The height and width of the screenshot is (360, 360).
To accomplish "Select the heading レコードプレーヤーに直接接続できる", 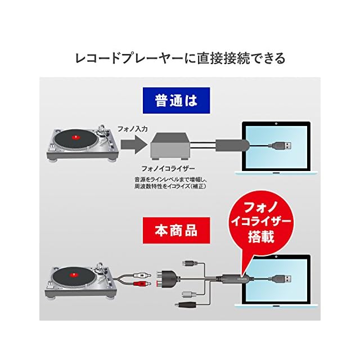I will (x=180, y=58).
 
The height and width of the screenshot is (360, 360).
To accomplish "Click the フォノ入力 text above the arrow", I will (x=132, y=129).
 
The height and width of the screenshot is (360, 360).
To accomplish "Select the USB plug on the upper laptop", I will (x=284, y=147).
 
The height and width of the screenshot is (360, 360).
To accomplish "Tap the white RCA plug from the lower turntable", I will (x=141, y=274).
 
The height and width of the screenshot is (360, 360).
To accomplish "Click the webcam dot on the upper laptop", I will (x=278, y=123).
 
